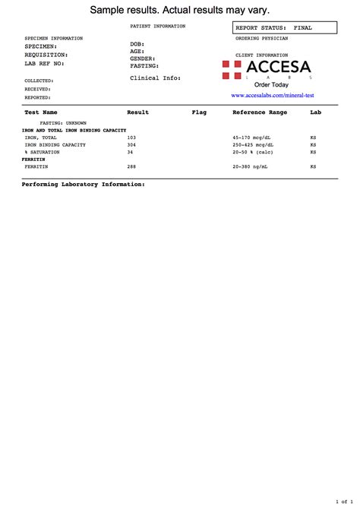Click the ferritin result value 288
click(x=131, y=166)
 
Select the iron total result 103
click(x=131, y=137)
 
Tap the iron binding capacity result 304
click(x=131, y=144)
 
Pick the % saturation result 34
click(x=130, y=151)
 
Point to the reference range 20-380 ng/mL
click(x=252, y=166)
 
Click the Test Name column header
click(x=41, y=112)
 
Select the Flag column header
click(x=199, y=112)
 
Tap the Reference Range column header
click(x=260, y=112)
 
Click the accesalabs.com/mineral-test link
click(x=272, y=96)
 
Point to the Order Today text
click(x=271, y=85)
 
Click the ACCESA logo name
click(x=278, y=68)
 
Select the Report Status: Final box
click(x=285, y=28)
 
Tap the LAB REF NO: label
click(x=45, y=63)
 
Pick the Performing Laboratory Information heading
click(x=83, y=185)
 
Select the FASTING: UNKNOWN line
click(x=63, y=122)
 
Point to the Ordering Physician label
click(x=261, y=37)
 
